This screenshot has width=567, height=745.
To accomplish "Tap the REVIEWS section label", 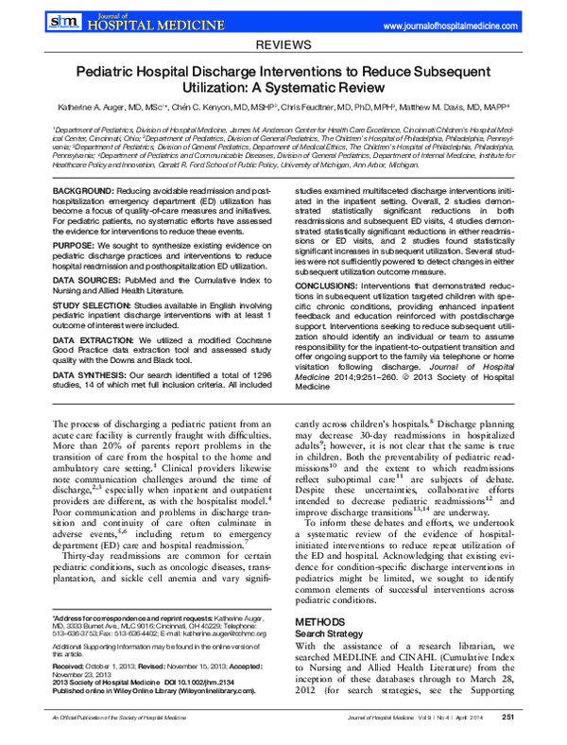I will [283, 44].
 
